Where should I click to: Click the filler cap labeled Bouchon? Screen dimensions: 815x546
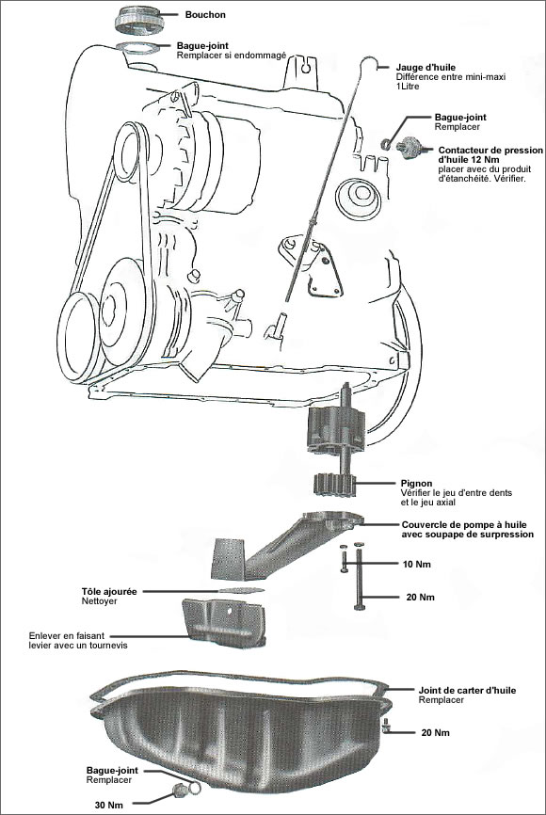(x=140, y=19)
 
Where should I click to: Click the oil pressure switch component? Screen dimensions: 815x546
(x=410, y=146)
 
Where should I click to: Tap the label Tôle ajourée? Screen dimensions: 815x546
(x=111, y=591)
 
